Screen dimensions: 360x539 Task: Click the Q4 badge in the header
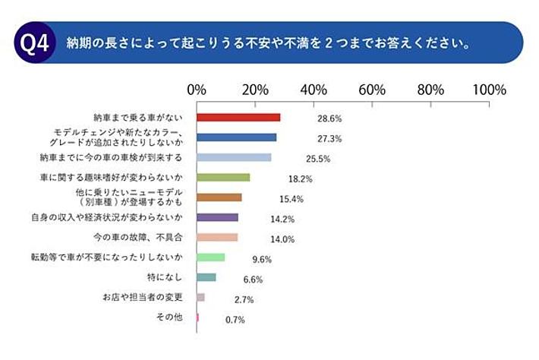(33, 42)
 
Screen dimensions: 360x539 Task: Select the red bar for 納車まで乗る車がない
(238, 118)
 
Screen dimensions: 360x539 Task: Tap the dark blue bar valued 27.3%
(236, 137)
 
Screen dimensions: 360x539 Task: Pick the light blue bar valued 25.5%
(234, 157)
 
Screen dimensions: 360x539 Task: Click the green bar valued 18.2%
(223, 177)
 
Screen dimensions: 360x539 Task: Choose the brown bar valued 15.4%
(219, 197)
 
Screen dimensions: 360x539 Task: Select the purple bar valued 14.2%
(217, 217)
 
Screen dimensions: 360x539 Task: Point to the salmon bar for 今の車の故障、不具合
(217, 237)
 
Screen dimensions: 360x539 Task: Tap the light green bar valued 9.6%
(210, 257)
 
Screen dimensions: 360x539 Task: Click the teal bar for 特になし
(206, 277)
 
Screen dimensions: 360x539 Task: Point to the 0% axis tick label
(197, 90)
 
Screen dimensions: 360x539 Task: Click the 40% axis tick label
(314, 90)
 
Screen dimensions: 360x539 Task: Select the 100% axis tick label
(489, 90)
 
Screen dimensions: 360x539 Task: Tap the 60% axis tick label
(372, 90)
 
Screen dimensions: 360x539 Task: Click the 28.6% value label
(329, 119)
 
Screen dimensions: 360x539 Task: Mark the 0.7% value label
(235, 320)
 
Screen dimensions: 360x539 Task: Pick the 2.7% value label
(244, 300)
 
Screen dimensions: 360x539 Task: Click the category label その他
(168, 317)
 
